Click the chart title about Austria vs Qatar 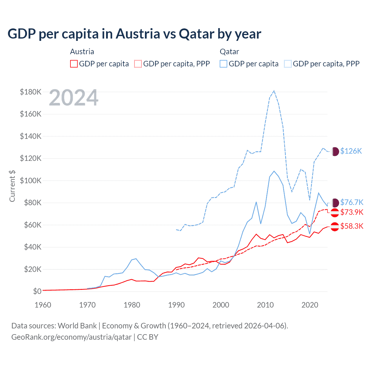point(134,34)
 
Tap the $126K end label point(351,151)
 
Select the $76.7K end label point(352,202)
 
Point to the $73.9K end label point(352,212)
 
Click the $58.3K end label point(352,226)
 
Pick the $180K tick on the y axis point(31,92)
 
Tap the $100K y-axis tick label point(31,181)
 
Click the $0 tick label point(37,291)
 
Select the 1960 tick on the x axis point(43,305)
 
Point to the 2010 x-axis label point(265,305)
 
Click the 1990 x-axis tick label point(177,305)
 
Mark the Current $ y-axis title point(12,186)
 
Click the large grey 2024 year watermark point(74,98)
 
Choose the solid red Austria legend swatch point(74,64)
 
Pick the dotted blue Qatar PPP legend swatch point(288,64)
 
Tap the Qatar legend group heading point(229,52)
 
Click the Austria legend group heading point(82,52)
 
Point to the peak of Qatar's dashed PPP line point(274,91)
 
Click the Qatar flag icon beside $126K point(335,151)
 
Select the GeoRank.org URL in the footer point(71,337)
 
